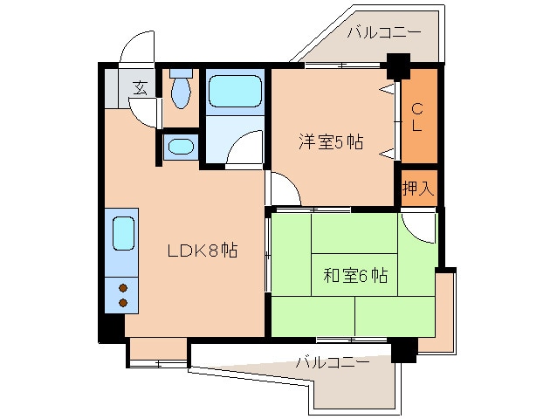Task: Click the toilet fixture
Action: point(181,89)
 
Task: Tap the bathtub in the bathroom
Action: point(235,91)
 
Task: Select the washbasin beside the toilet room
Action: point(181,147)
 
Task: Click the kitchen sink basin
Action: point(124,233)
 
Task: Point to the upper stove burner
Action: point(123,287)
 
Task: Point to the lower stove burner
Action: point(123,303)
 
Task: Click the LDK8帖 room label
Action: point(203,251)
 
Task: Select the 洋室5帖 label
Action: point(331,141)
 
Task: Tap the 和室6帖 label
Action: point(355,275)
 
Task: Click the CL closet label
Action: point(417,117)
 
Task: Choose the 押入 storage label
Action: point(418,188)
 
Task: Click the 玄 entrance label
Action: point(141,88)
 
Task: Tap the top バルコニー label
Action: point(383,32)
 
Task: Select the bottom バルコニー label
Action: point(333,362)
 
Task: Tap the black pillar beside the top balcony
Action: point(398,66)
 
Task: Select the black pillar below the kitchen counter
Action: point(112,328)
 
